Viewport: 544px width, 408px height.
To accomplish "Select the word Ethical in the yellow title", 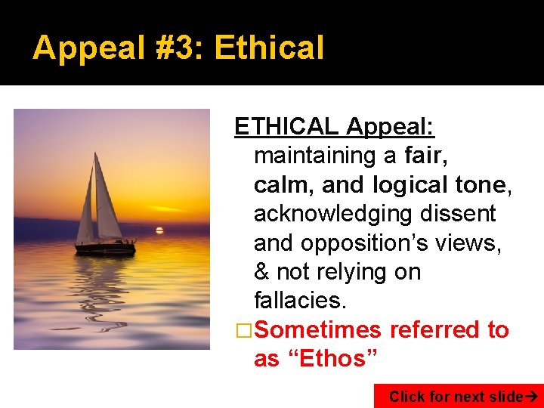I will [269, 48].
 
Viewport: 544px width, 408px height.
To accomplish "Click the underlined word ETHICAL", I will [286, 126].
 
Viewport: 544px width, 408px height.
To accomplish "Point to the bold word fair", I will [426, 156].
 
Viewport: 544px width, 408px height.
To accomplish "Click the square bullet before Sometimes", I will [243, 330].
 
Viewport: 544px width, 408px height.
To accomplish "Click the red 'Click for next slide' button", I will [458, 396].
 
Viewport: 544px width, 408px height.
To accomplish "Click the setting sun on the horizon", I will [159, 229].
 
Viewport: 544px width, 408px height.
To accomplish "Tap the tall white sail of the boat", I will [106, 200].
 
